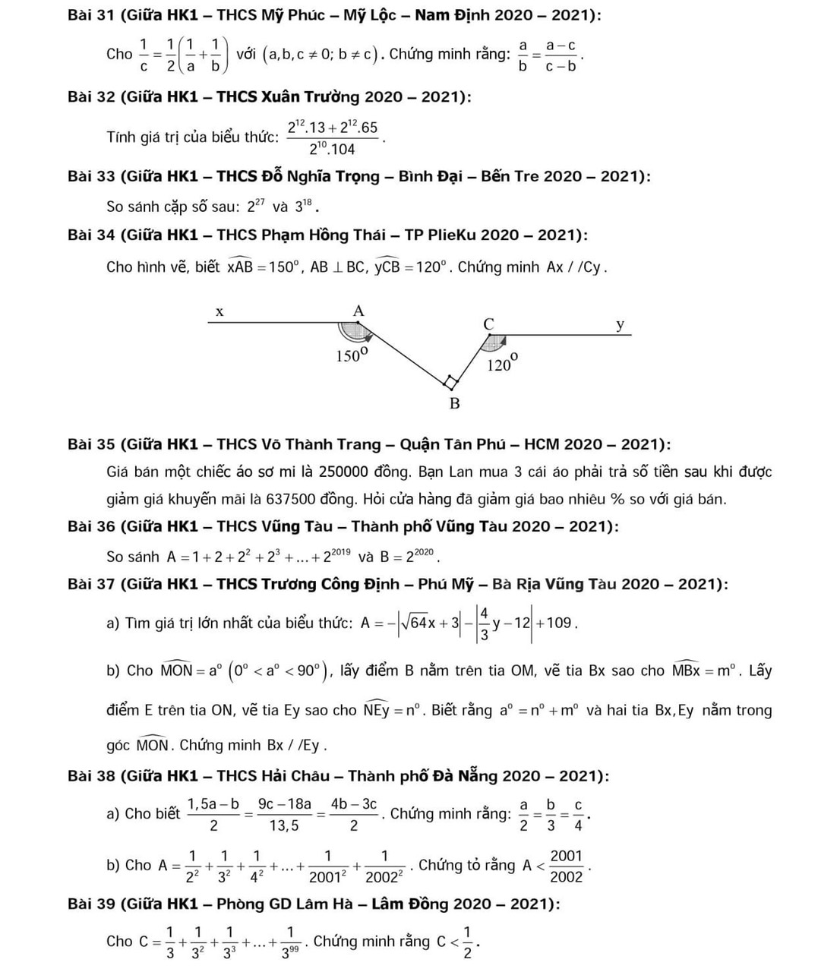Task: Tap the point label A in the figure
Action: click(x=358, y=311)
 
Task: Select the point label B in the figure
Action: click(x=454, y=403)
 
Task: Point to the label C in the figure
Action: click(x=488, y=323)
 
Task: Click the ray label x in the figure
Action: click(x=219, y=311)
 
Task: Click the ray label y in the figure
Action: click(x=621, y=325)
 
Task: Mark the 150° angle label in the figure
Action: click(x=352, y=355)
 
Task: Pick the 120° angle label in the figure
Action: click(x=502, y=364)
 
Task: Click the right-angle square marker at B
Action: click(x=451, y=381)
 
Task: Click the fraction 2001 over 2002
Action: click(x=566, y=866)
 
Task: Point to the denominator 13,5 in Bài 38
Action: click(x=284, y=825)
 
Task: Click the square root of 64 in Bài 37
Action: click(x=414, y=623)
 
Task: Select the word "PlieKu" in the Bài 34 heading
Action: click(x=452, y=235)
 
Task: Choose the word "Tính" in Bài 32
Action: click(x=122, y=137)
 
